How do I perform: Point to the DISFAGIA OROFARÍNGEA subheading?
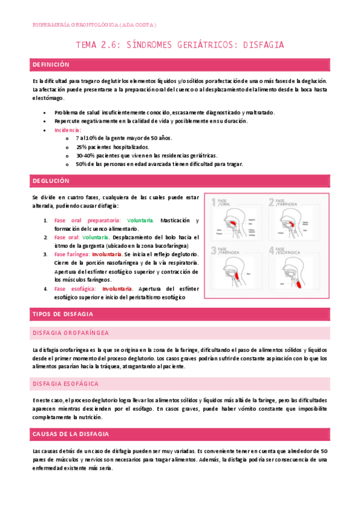[x=71, y=333]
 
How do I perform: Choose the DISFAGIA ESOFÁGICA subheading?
[x=67, y=383]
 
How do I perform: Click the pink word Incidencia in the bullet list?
[x=67, y=129]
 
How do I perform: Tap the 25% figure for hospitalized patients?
[x=81, y=147]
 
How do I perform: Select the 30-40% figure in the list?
[x=84, y=155]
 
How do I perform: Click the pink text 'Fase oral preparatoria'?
[x=87, y=220]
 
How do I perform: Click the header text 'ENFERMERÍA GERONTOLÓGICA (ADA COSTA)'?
[x=94, y=25]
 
